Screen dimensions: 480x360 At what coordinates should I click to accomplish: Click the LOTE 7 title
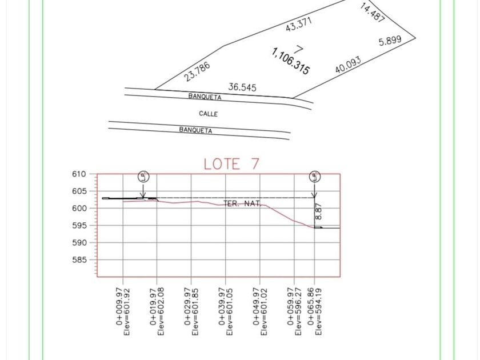coord(231,164)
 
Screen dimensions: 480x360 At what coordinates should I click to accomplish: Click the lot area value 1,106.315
coord(290,61)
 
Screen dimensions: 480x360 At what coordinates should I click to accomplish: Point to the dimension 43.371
coord(298,24)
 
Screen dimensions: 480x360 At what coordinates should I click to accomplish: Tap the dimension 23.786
coord(197,71)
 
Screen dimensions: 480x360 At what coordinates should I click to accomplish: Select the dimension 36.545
coord(242,87)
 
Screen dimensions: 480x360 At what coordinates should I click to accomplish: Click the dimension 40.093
coord(348,65)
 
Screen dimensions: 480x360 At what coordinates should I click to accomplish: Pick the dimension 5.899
coord(390,41)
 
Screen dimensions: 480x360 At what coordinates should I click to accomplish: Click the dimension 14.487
coord(372,13)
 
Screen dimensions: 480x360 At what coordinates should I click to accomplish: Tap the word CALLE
coord(208,114)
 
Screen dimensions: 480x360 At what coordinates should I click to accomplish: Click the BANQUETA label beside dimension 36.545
coord(205,97)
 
